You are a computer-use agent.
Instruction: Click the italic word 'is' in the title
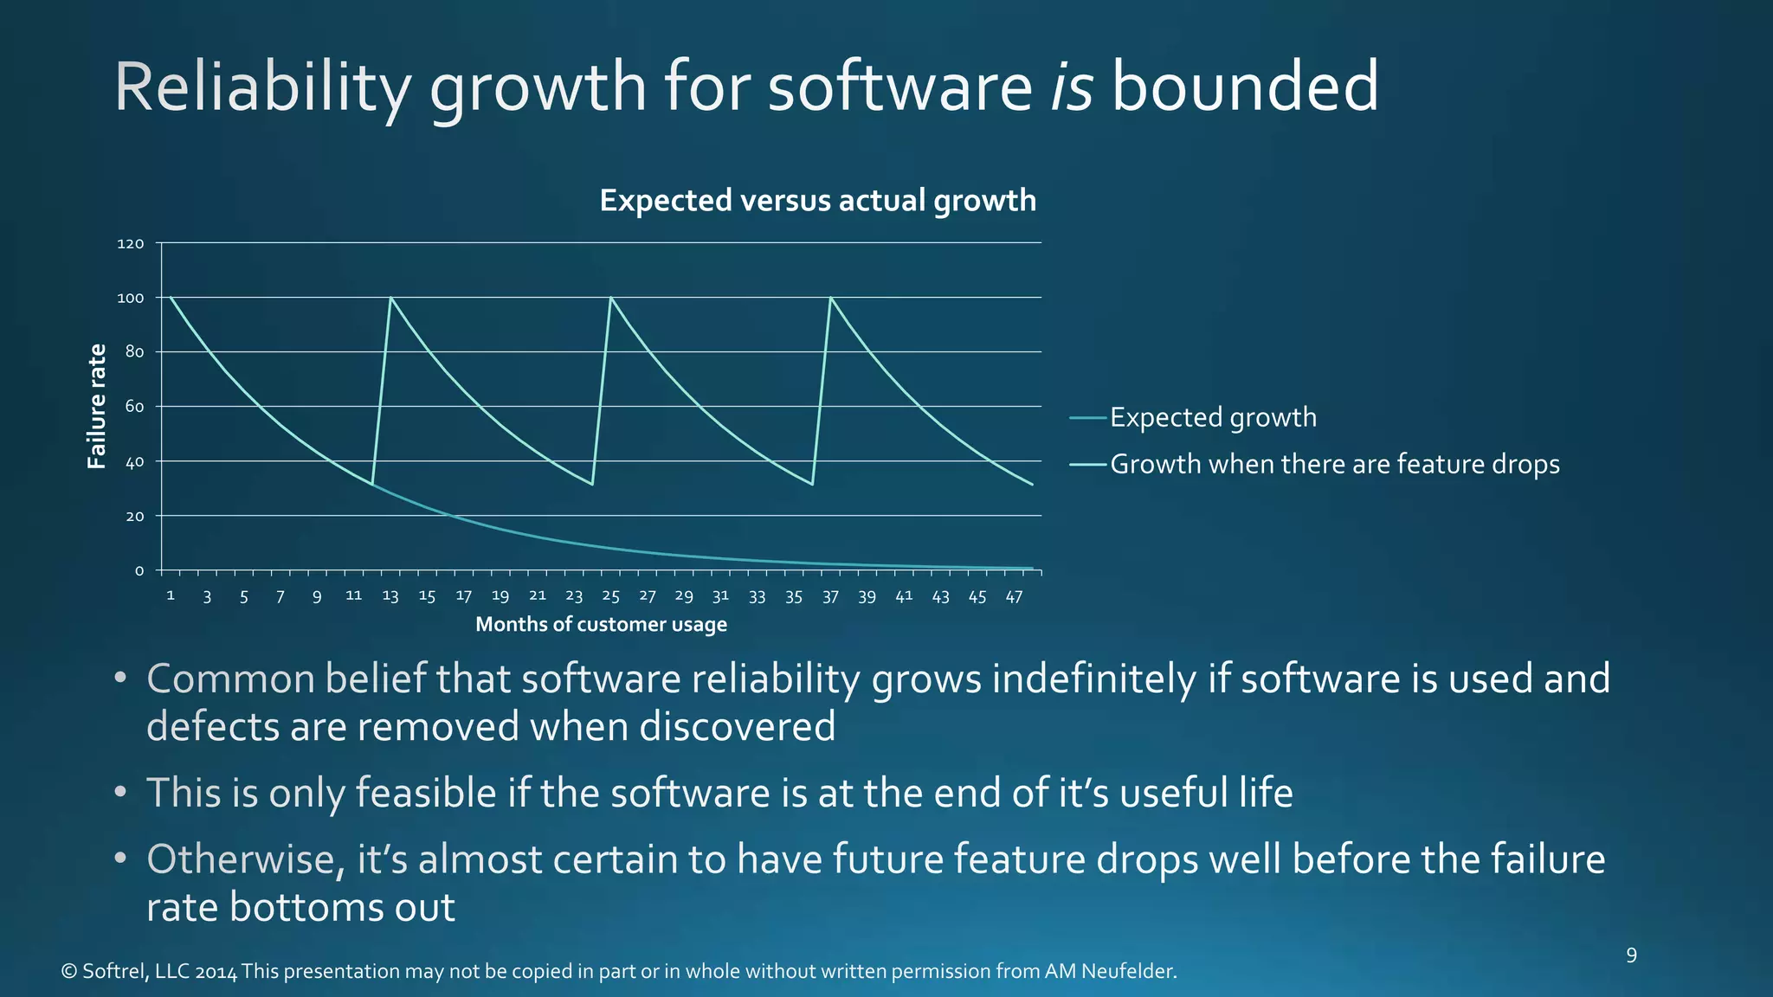click(1072, 87)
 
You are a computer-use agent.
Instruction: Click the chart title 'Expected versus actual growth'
click(817, 201)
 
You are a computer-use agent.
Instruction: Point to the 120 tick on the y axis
click(131, 244)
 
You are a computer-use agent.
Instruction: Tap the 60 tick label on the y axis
click(134, 407)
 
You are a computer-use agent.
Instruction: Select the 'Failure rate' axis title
click(97, 406)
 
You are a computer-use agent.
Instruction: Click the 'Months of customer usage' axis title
click(601, 624)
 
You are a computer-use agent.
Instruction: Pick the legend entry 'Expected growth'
click(1212, 417)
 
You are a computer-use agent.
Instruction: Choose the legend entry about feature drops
click(1334, 464)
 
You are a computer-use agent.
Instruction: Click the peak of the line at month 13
click(390, 298)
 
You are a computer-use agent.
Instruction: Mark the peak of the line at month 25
click(611, 298)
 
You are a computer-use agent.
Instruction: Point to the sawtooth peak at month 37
click(831, 298)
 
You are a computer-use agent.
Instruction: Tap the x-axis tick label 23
click(574, 596)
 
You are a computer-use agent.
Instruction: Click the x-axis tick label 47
click(1014, 596)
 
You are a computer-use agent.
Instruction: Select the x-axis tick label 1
click(171, 595)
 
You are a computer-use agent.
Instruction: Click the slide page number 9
click(1631, 955)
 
